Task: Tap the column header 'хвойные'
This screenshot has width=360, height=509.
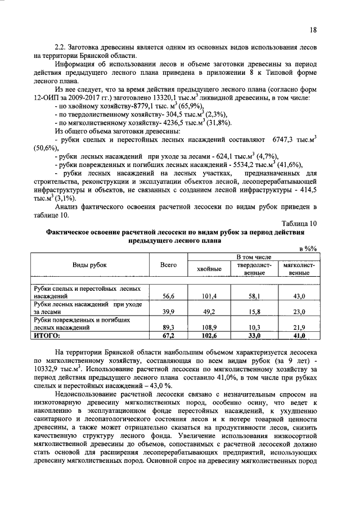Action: coord(209,269)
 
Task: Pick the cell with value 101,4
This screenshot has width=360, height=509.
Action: coord(209,295)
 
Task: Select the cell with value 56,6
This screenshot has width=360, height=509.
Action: coord(169,295)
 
